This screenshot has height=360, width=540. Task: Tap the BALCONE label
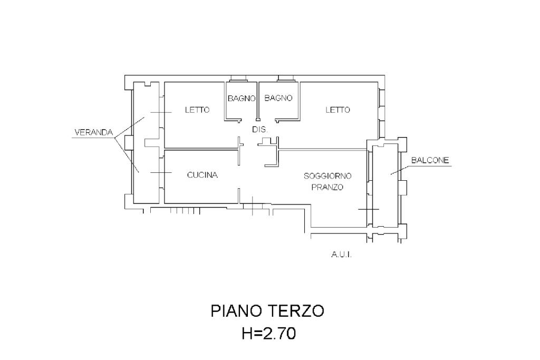(x=430, y=161)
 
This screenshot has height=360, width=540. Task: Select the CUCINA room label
(x=202, y=176)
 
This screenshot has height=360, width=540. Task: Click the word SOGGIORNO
(x=327, y=176)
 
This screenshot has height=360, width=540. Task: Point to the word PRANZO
(x=327, y=187)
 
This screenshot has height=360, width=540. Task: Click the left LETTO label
(x=197, y=110)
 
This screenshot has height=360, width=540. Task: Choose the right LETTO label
(x=337, y=110)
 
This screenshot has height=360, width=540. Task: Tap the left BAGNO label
(x=242, y=98)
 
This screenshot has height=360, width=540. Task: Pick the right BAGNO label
(x=278, y=98)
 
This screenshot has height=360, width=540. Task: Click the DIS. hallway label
(x=260, y=129)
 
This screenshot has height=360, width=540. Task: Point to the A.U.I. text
(x=341, y=255)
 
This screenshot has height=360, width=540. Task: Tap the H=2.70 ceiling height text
(x=268, y=333)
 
